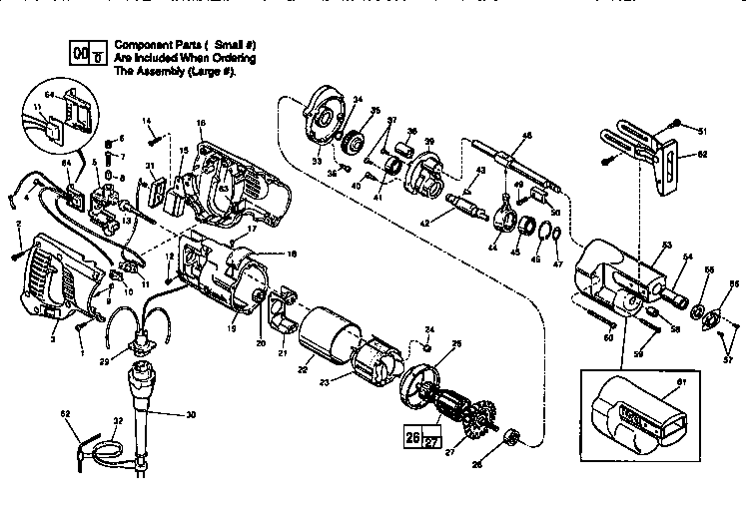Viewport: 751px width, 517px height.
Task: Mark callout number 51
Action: [x=702, y=130]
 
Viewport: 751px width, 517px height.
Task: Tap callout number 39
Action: [x=429, y=141]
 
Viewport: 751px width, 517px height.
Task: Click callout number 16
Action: [x=201, y=122]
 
